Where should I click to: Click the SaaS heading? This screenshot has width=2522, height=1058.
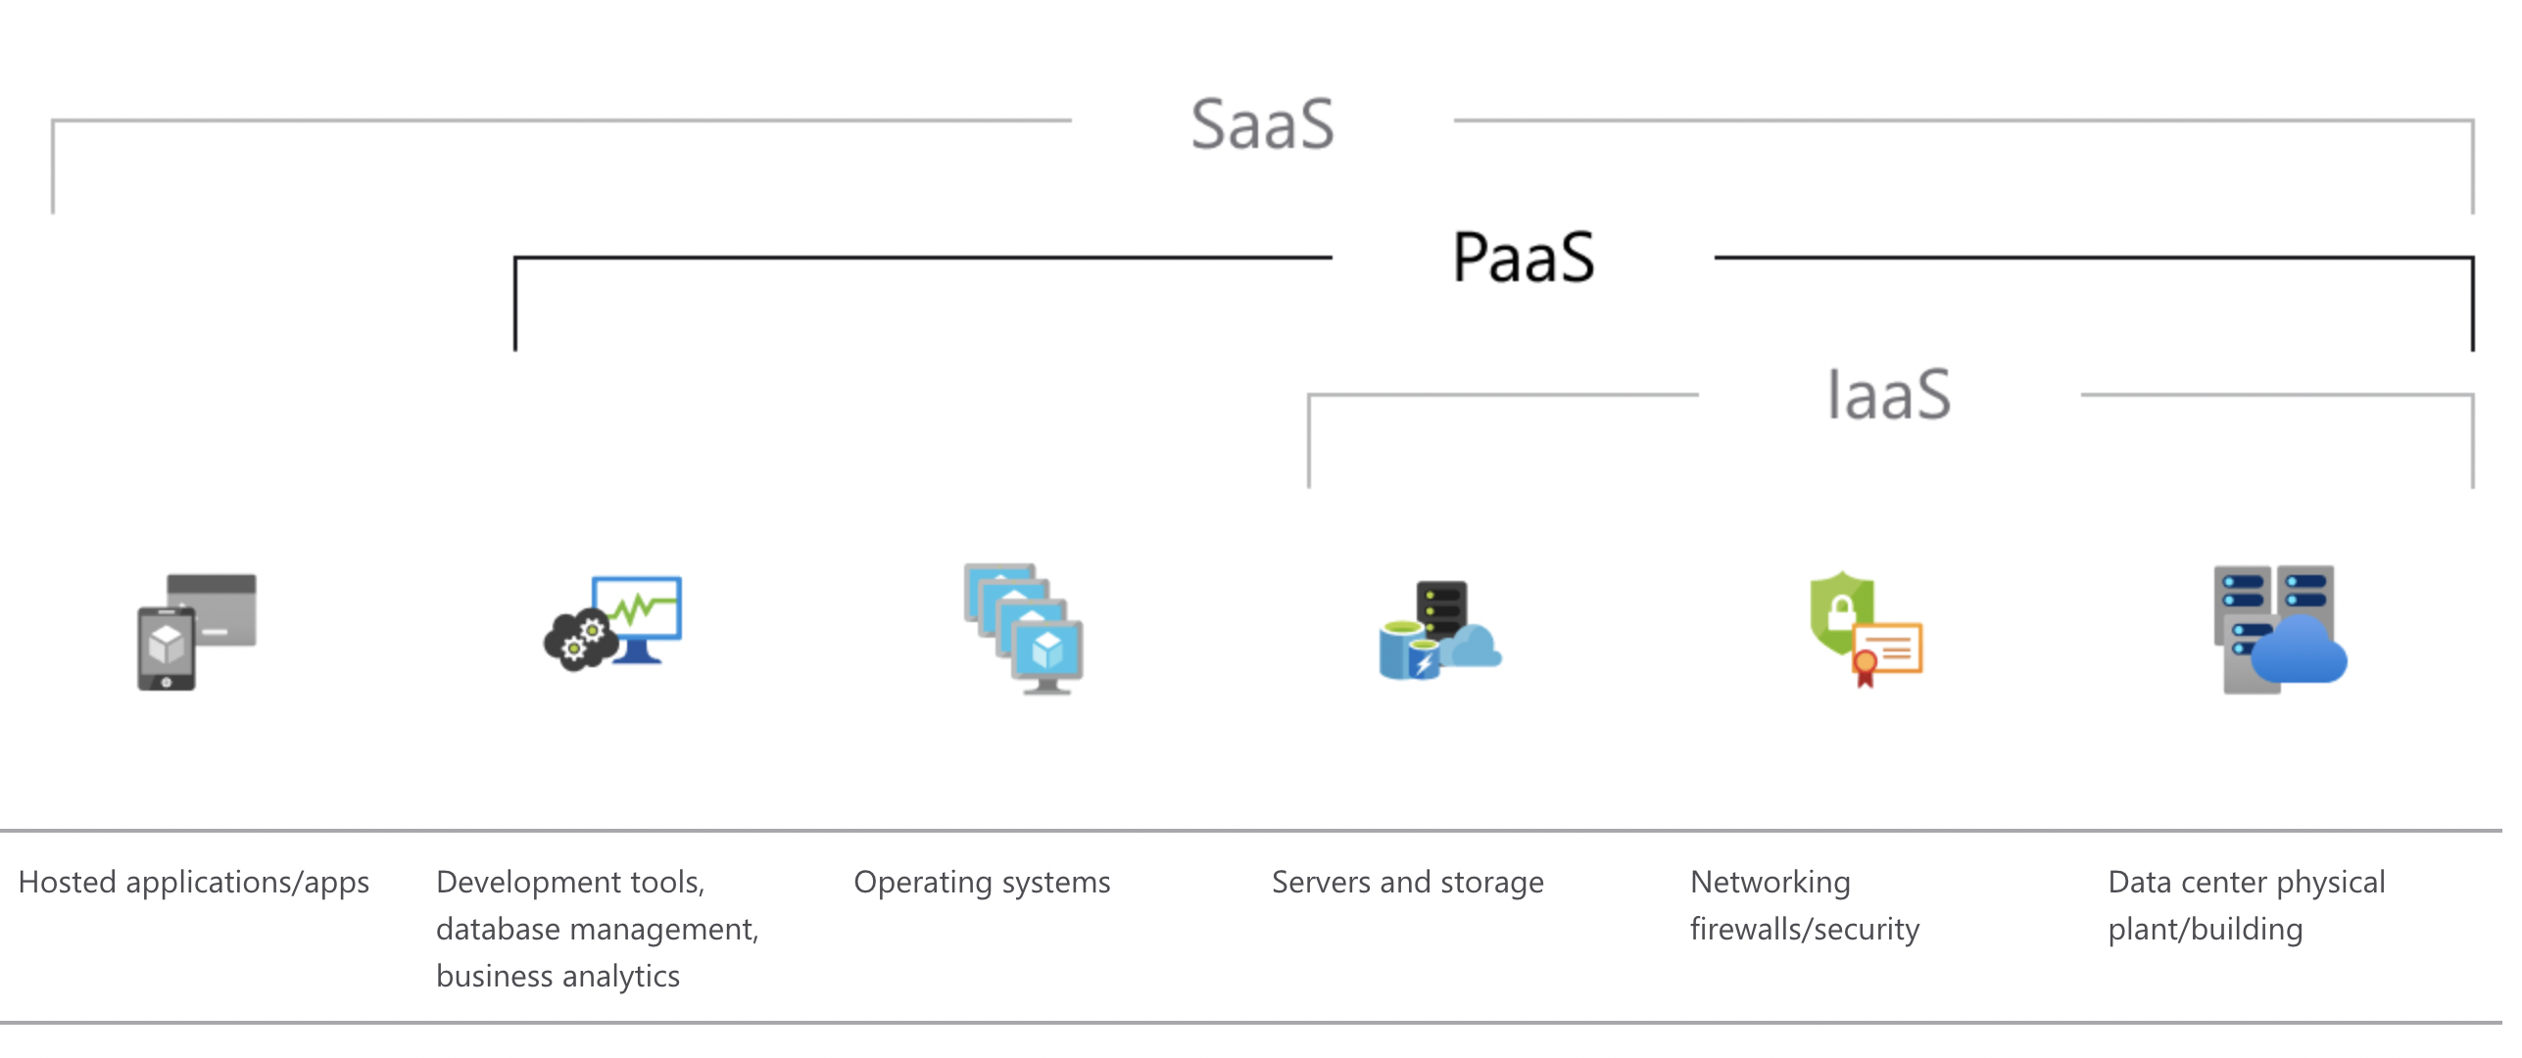coord(1262,125)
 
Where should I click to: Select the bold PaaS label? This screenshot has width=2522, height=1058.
coord(1524,258)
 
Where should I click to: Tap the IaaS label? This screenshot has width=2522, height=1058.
coord(1889,395)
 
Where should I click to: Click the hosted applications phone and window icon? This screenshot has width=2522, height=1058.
coord(197,632)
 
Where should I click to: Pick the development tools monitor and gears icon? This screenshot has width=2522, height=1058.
coord(613,623)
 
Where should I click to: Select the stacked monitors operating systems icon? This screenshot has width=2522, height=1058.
coord(1024,629)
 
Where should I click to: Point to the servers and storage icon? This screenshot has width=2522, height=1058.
coord(1440,630)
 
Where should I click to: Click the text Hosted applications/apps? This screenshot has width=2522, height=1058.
coord(194,883)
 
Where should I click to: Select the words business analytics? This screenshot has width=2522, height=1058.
coord(558,977)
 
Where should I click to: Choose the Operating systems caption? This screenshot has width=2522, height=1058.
coord(982,883)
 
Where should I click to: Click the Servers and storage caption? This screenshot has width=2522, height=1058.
coord(1407,883)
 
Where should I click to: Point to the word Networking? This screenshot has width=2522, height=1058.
coord(1770,883)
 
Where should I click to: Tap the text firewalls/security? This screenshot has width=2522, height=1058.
coord(1805,929)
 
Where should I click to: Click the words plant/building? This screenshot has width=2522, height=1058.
coord(2206,929)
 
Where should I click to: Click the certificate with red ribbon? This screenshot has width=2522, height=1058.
coord(1887,653)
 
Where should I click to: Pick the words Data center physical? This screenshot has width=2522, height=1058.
coord(2247,883)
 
